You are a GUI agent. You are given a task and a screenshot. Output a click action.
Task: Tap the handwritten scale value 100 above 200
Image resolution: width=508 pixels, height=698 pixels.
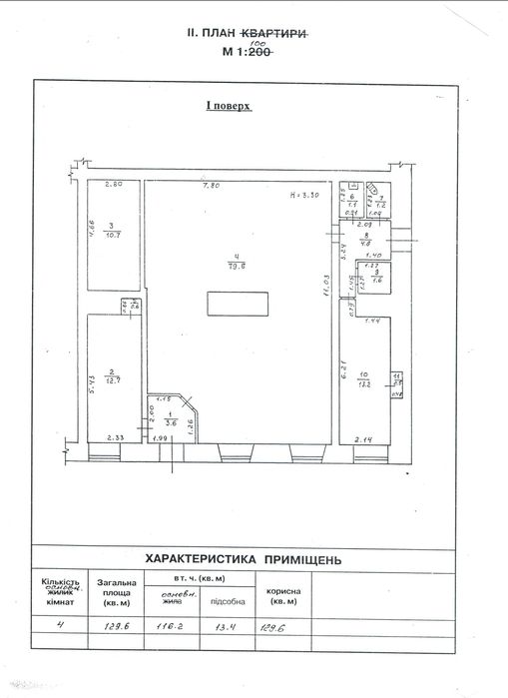tap(259, 44)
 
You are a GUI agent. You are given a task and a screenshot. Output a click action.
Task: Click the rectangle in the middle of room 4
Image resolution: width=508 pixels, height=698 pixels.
tap(239, 303)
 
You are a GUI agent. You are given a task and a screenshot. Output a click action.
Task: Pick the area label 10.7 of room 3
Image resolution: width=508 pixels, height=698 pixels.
tap(113, 235)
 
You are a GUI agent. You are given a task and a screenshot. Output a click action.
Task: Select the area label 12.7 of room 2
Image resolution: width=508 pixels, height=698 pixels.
tap(112, 379)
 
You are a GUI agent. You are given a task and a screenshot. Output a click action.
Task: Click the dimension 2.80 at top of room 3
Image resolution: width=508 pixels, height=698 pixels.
tap(113, 186)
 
